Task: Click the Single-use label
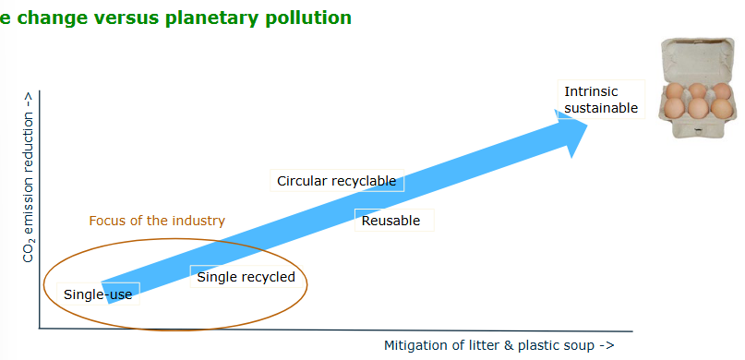[98, 294]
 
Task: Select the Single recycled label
[246, 277]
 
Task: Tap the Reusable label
[391, 221]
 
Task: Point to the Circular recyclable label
[336, 181]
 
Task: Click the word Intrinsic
[591, 91]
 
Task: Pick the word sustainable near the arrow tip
[601, 108]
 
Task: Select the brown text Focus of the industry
[157, 221]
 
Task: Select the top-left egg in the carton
[676, 91]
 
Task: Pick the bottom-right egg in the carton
[721, 109]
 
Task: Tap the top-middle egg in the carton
[699, 90]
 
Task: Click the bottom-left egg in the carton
[675, 109]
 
